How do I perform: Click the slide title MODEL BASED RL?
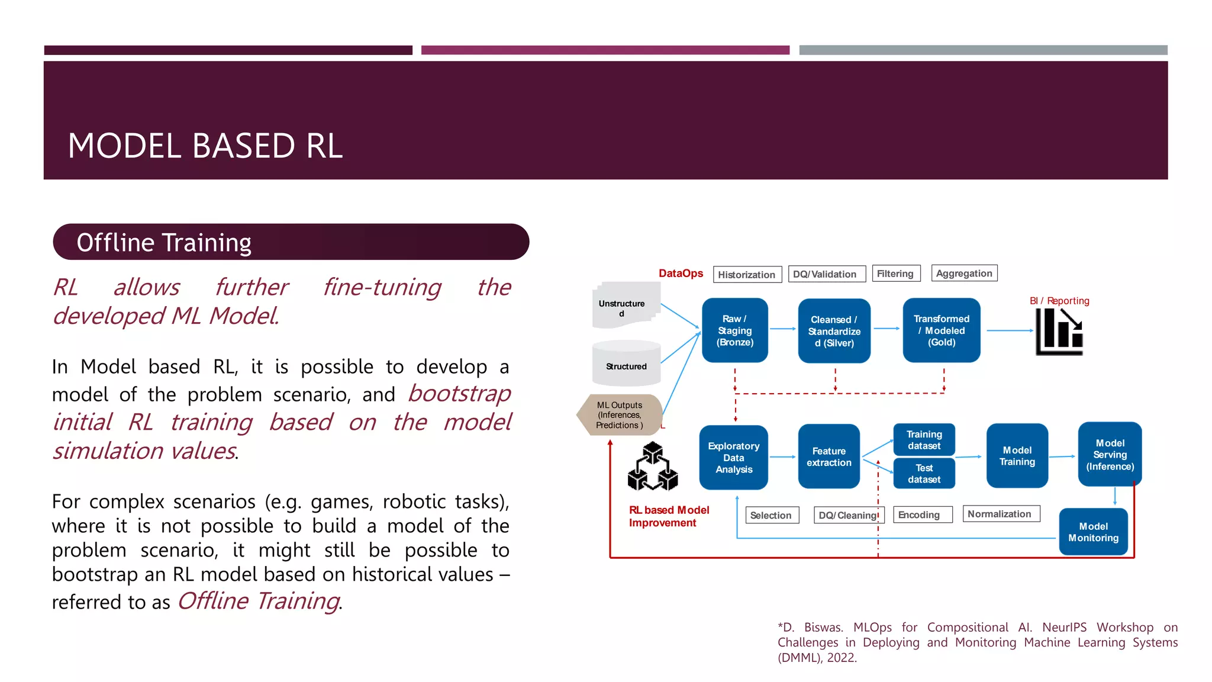(205, 146)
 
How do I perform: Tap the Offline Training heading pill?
(291, 242)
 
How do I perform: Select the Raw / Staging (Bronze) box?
(734, 330)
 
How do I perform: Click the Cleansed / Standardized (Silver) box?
(834, 331)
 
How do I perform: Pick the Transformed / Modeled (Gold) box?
(941, 330)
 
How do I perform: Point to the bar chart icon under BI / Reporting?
(1059, 332)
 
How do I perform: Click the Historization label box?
(747, 275)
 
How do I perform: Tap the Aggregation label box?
(964, 274)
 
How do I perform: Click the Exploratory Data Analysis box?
(733, 458)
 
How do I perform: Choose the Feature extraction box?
(829, 456)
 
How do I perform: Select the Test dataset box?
(924, 474)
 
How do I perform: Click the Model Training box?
(1017, 456)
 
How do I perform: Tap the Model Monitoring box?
(1093, 532)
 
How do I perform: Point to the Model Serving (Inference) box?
(1110, 455)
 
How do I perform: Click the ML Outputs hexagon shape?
(619, 415)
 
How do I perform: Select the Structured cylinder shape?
(626, 364)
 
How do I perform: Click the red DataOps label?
(681, 274)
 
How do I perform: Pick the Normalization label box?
(1000, 514)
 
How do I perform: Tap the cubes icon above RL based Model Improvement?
(652, 467)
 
